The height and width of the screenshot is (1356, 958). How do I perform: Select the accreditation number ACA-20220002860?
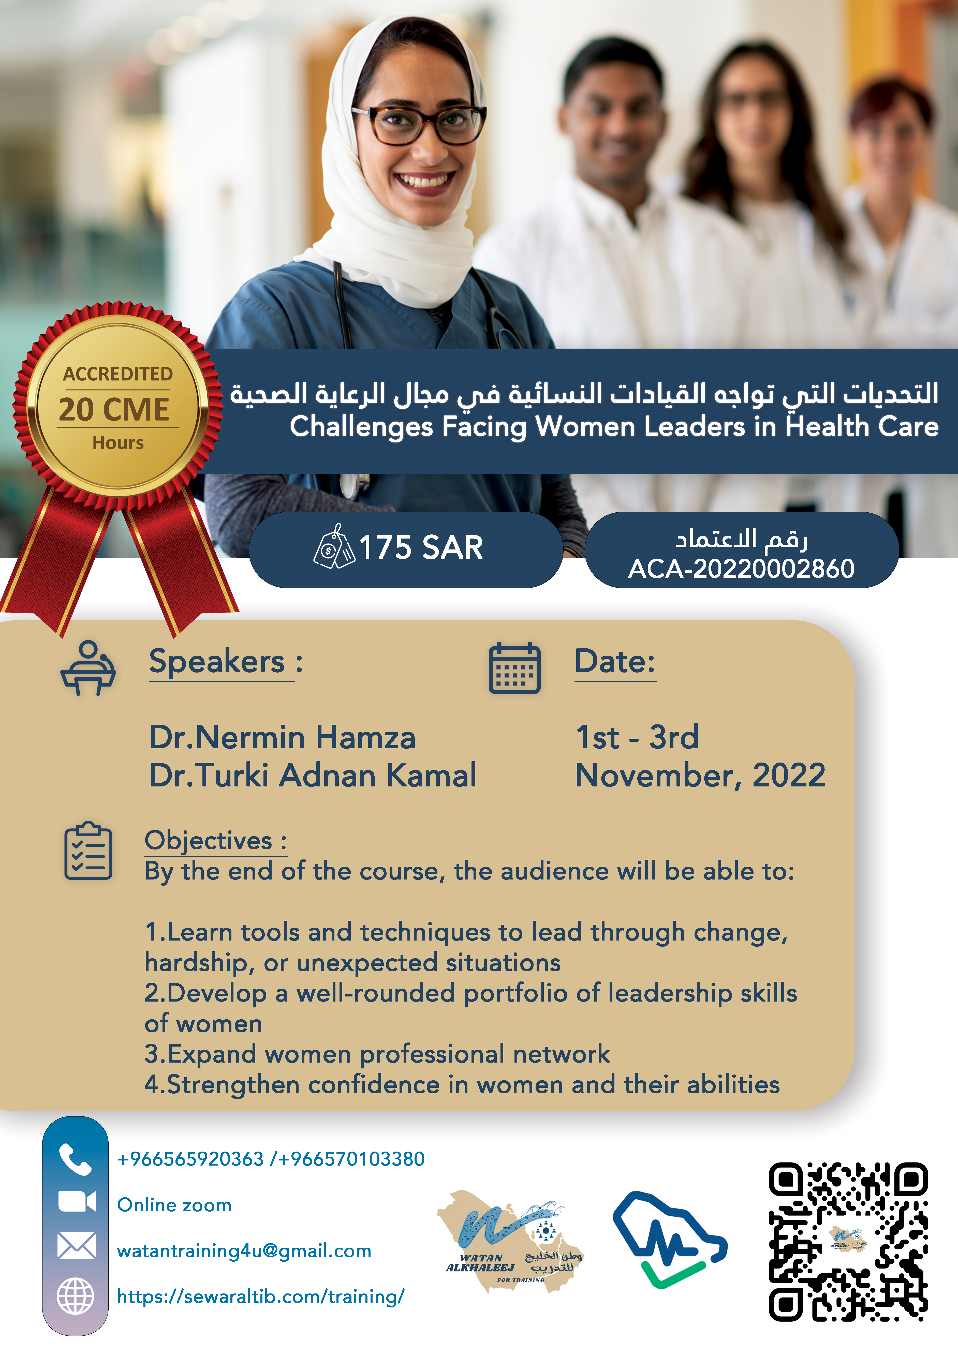coord(741,569)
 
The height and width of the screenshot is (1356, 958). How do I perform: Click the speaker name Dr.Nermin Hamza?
coord(282,738)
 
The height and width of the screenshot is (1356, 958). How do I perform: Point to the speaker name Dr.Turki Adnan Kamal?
coord(313,776)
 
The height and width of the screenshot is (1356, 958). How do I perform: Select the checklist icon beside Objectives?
coord(88,851)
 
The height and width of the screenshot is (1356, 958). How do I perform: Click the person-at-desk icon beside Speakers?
coord(88,668)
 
